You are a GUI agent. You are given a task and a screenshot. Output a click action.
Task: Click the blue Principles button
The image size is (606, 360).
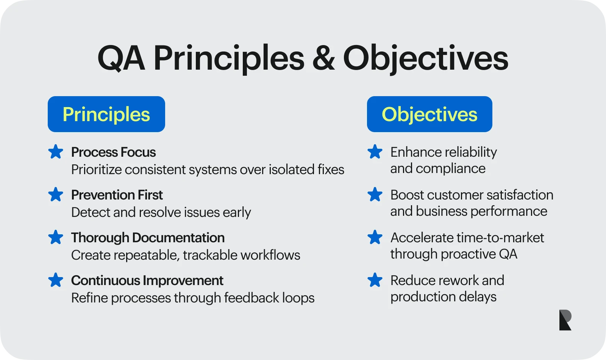106,114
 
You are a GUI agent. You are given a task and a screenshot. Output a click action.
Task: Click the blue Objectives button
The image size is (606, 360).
430,114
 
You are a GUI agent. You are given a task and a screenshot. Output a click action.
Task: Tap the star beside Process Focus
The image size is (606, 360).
56,151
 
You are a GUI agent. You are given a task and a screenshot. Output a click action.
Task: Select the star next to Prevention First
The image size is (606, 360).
56,194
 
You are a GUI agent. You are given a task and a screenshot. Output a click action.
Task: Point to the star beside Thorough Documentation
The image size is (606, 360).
56,237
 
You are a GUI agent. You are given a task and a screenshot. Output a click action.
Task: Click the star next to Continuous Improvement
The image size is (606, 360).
56,280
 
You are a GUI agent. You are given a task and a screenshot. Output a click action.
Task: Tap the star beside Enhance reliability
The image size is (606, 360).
375,151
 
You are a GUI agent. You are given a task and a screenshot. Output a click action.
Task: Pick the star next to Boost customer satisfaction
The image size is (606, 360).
375,194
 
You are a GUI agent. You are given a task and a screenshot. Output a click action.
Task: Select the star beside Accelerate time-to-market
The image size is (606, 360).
375,237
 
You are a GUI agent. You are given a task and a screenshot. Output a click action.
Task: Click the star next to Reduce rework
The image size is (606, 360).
375,280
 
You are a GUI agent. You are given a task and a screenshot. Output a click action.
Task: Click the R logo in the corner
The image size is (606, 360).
565,320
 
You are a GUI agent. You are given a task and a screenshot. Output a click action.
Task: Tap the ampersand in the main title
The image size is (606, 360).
323,59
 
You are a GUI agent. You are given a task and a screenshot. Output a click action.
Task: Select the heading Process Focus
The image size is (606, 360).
113,152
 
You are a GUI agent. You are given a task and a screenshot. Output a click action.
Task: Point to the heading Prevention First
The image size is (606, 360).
117,195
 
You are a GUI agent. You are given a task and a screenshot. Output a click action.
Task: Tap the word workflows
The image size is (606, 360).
270,255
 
